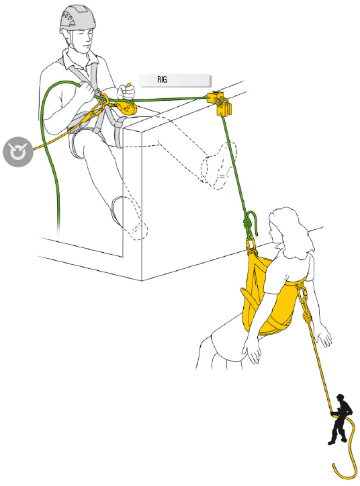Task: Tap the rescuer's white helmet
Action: [75, 18]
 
